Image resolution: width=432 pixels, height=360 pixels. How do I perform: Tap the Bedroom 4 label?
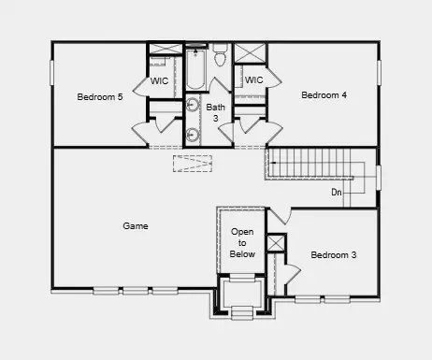tap(324, 94)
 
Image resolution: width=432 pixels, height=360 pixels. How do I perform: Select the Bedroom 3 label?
tap(334, 254)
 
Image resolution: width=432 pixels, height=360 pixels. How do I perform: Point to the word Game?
tap(136, 225)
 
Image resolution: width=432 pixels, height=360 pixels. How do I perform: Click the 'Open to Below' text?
tap(242, 243)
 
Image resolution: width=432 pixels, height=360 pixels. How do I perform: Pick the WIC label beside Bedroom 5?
tap(160, 80)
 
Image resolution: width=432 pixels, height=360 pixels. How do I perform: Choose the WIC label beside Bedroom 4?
tap(252, 80)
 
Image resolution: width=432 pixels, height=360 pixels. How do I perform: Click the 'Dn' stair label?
tap(336, 193)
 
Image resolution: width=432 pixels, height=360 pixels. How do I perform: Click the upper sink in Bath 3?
tap(194, 105)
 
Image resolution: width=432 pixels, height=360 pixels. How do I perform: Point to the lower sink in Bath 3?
tap(194, 134)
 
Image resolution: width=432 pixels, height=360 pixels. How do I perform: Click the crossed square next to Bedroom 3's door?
tap(275, 244)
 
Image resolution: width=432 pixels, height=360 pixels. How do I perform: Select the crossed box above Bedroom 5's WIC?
tap(165, 49)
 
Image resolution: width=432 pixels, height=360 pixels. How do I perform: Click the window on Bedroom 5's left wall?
tap(52, 73)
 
